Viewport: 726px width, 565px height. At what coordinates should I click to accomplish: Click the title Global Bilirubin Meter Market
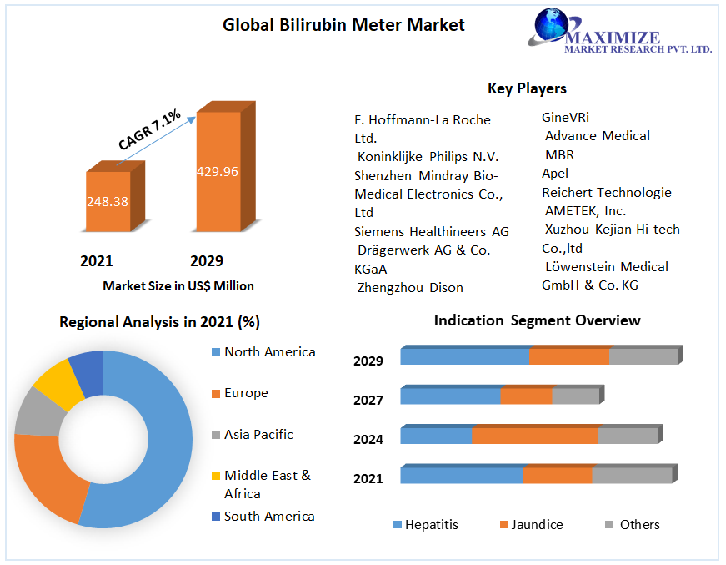pos(343,25)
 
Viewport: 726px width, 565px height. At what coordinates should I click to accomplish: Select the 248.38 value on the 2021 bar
pos(107,201)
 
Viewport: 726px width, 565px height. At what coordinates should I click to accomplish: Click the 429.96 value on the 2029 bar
pos(218,171)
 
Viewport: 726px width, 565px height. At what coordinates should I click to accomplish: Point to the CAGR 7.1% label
pos(149,130)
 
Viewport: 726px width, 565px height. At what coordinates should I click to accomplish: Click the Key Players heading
pos(527,88)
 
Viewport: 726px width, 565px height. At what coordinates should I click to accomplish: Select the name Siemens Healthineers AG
pos(432,231)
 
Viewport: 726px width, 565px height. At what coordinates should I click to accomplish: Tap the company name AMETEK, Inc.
pos(585,210)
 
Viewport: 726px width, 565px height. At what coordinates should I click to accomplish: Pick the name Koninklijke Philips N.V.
pos(428,156)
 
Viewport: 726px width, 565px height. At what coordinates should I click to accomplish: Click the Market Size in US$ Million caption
pos(178,285)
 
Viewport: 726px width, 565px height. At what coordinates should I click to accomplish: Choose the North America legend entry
pos(269,351)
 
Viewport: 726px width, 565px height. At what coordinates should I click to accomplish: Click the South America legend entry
pos(269,516)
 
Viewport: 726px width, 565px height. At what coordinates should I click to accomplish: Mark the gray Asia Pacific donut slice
pos(35,412)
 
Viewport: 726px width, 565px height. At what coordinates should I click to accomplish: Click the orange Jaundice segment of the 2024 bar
pos(534,436)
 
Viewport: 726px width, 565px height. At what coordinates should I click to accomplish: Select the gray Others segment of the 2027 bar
pos(575,396)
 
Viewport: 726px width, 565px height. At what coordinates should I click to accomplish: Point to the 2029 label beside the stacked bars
pos(368,361)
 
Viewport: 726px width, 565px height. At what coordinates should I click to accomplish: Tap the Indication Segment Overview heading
pos(537,320)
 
